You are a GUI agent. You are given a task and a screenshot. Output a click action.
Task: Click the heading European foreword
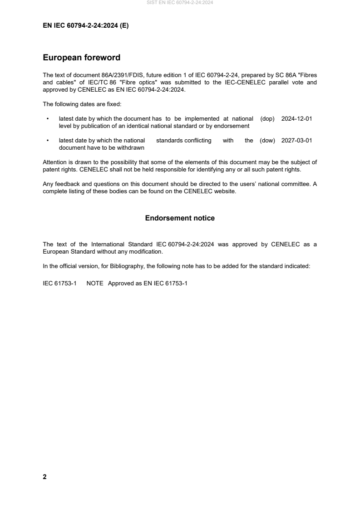pos(81,58)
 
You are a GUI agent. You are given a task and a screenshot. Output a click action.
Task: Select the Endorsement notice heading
pos(180,218)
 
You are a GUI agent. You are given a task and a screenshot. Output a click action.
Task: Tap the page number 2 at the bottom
pos(44,477)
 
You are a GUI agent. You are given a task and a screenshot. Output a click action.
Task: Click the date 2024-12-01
pos(296,118)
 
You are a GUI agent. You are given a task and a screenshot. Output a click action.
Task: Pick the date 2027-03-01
pos(296,141)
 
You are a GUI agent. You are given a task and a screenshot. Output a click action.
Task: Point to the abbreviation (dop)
pos(267,118)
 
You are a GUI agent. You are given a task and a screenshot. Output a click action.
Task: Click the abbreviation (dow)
pos(267,141)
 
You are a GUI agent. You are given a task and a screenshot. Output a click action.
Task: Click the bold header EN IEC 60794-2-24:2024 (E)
pos(86,26)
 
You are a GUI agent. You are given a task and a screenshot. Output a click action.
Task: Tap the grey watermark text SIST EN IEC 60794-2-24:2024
pos(180,3)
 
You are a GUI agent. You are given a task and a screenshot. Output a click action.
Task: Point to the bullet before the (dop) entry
pos(48,118)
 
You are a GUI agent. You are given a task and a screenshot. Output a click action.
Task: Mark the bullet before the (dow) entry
pos(48,141)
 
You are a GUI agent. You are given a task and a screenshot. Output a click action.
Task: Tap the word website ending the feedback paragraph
pos(225,191)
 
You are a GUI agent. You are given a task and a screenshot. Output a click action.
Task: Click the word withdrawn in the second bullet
pos(130,148)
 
